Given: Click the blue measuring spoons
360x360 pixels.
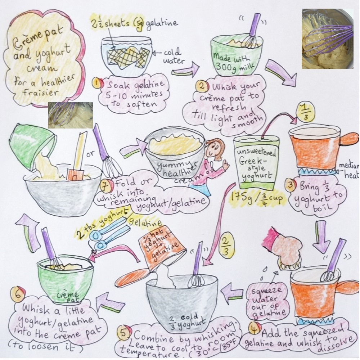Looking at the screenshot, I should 109,233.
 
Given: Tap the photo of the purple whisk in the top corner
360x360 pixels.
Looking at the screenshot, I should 327,39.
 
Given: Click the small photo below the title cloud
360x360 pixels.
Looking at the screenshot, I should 71,115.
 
